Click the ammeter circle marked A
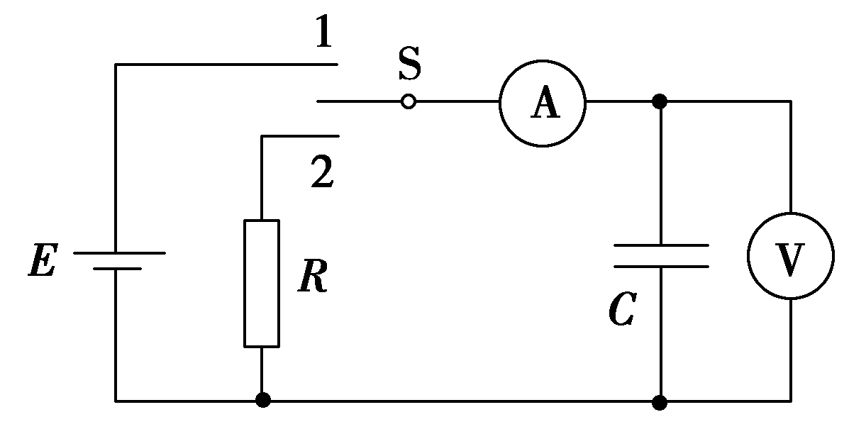(543, 102)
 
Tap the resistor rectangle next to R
(262, 283)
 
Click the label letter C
(621, 310)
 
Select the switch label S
(409, 65)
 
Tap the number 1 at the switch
(323, 33)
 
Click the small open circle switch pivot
(408, 102)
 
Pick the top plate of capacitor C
(660, 245)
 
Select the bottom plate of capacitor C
(660, 267)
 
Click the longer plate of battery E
(118, 252)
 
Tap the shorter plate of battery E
(117, 269)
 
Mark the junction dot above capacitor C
(660, 102)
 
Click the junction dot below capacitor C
(660, 402)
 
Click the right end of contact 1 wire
(338, 65)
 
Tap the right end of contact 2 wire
(338, 135)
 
